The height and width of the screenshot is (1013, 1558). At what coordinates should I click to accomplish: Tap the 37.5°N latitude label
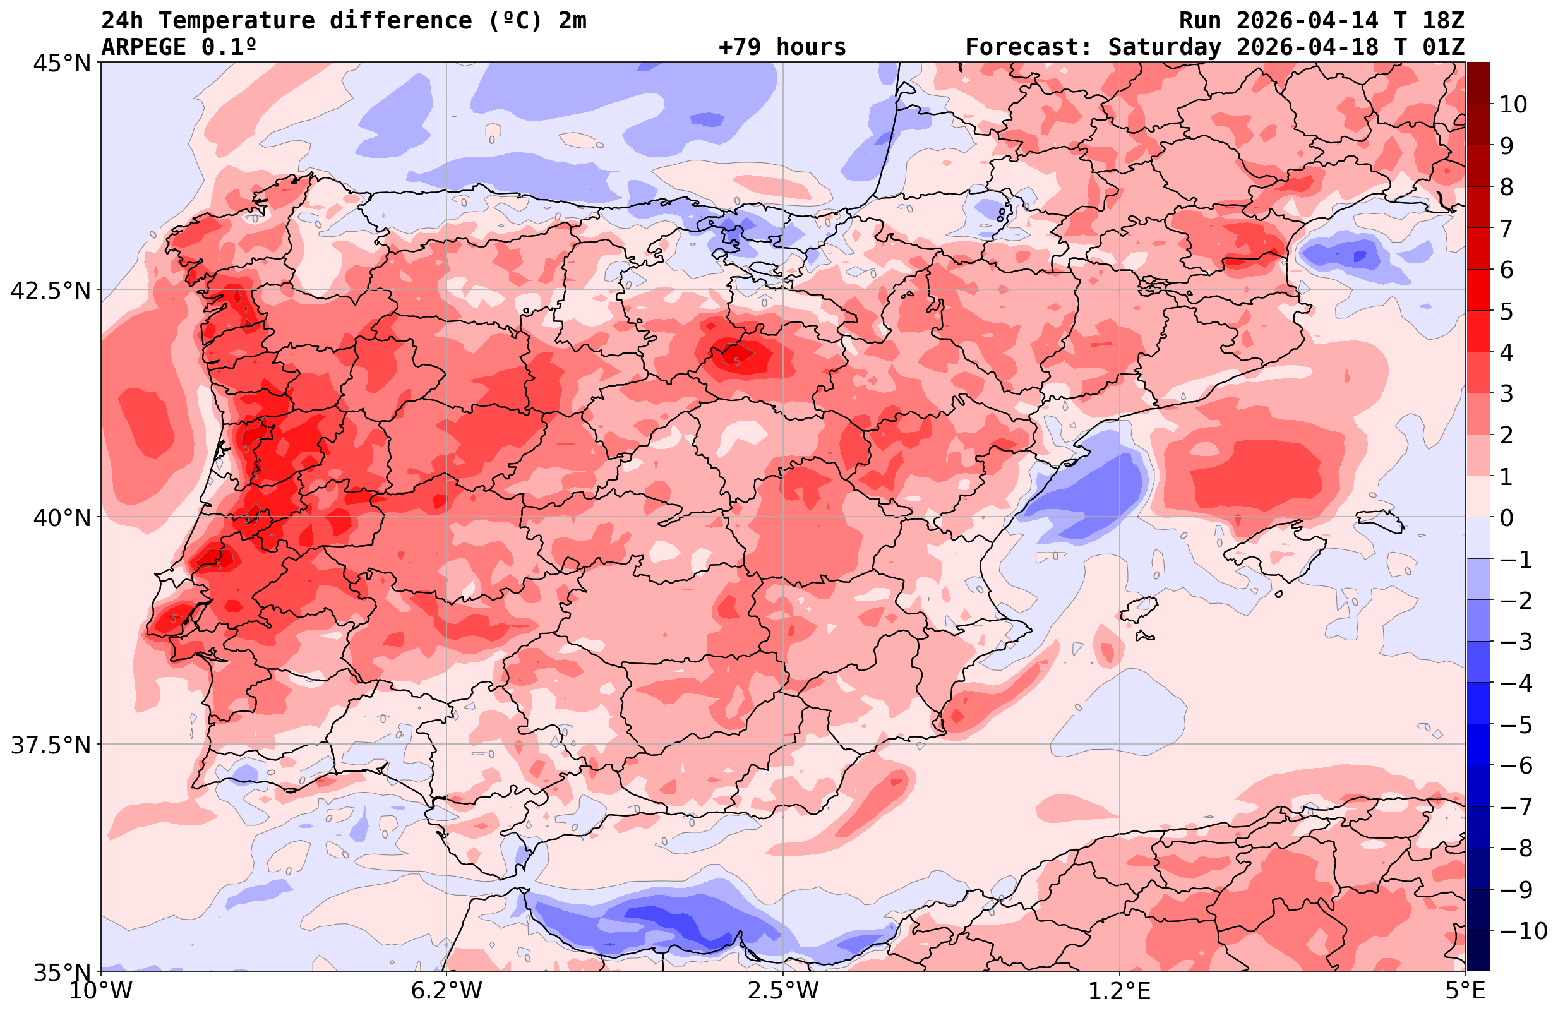51,745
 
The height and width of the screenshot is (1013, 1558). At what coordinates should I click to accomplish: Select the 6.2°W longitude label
446,991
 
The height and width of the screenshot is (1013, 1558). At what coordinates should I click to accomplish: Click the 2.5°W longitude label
783,991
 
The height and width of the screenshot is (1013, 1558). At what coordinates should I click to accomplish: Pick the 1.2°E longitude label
1120,991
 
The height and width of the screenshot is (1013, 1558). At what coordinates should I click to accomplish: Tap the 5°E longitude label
1465,991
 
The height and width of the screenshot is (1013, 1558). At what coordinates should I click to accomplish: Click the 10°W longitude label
100,991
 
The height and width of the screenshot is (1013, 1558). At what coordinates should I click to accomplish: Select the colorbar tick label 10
1513,104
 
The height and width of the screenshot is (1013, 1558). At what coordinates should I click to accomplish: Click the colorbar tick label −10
1522,930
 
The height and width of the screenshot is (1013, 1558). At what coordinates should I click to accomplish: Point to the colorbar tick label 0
1506,518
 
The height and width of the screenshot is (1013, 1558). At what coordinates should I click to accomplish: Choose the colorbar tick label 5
1506,311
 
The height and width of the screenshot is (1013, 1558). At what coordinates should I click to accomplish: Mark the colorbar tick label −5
1515,725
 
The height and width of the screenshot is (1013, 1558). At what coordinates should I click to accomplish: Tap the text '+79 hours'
782,47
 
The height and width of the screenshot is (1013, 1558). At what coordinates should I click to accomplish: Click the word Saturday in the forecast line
1164,47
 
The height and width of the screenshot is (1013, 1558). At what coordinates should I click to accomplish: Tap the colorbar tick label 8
1506,188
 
